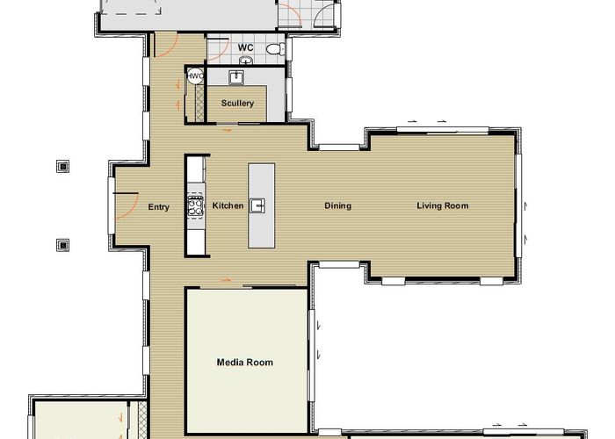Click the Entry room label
pyautogui.click(x=158, y=207)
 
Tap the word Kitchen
pyautogui.click(x=228, y=205)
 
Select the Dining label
pyautogui.click(x=337, y=205)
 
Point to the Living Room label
pyautogui.click(x=443, y=205)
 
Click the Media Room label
pyautogui.click(x=245, y=362)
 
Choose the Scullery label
pyautogui.click(x=237, y=103)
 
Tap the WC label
pyautogui.click(x=245, y=47)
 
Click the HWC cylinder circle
pyautogui.click(x=195, y=76)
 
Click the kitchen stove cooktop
pyautogui.click(x=195, y=205)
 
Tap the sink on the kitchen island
pyautogui.click(x=258, y=205)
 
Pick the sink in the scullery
pyautogui.click(x=236, y=77)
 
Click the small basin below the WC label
pyautogui.click(x=245, y=61)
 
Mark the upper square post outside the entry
pyautogui.click(x=62, y=167)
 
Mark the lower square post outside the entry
pyautogui.click(x=62, y=245)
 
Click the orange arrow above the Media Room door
pyautogui.click(x=227, y=280)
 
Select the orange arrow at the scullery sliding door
pyautogui.click(x=228, y=130)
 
